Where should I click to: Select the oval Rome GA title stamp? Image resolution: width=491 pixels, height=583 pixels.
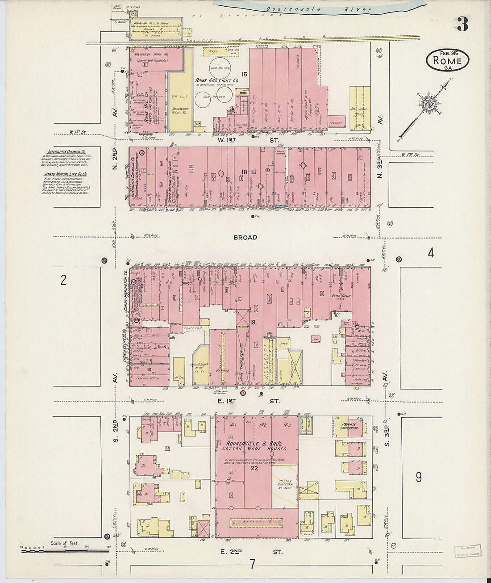(x=447, y=60)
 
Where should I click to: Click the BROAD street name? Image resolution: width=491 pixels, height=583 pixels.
(x=245, y=237)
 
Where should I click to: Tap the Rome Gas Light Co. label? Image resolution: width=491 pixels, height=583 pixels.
(x=217, y=81)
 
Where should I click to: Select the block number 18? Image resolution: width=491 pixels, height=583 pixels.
(x=244, y=172)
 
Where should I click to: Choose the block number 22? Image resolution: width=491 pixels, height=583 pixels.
(x=254, y=468)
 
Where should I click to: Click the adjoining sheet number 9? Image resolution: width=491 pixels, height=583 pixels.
(x=418, y=478)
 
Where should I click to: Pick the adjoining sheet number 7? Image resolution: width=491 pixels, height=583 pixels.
(x=252, y=564)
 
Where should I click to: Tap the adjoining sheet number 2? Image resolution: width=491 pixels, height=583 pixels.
(x=63, y=280)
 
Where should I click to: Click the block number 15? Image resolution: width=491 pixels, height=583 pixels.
(x=244, y=74)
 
